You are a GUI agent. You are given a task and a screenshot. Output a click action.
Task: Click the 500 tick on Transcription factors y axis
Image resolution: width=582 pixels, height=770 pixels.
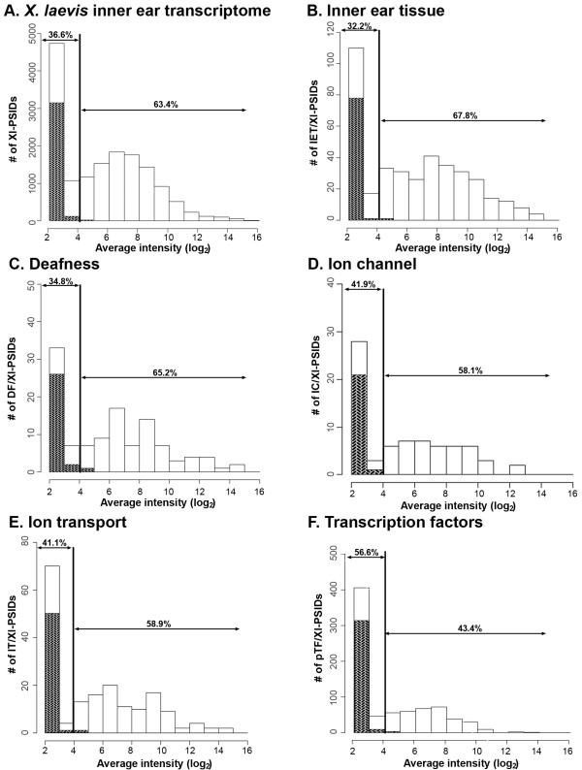click(327, 553)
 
